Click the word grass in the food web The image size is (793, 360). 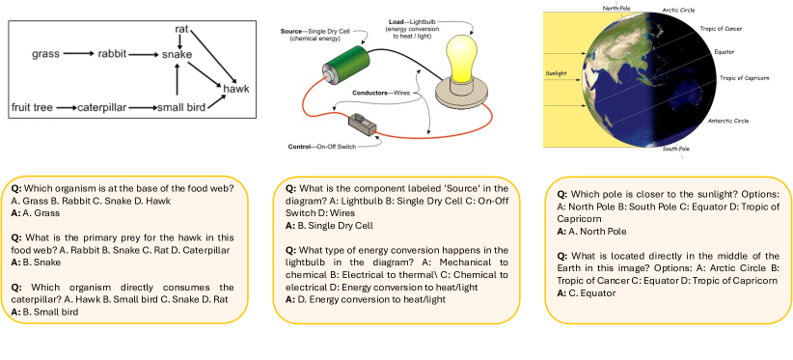click(x=45, y=54)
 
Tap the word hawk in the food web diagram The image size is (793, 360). click(x=235, y=90)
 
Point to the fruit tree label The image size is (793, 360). click(x=32, y=107)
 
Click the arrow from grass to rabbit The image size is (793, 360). click(x=79, y=54)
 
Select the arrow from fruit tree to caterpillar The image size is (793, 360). click(x=67, y=108)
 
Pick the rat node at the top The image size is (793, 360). click(x=181, y=30)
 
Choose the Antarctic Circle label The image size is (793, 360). click(x=728, y=122)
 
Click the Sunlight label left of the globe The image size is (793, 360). click(x=556, y=72)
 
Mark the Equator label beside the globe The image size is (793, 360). click(x=724, y=51)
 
